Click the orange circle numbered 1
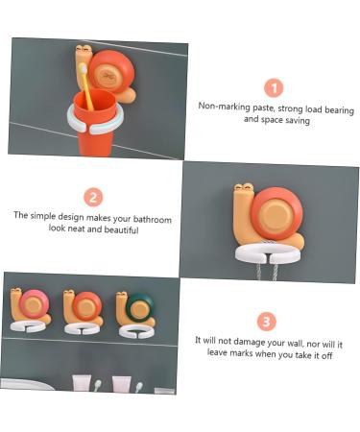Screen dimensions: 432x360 click(x=274, y=87)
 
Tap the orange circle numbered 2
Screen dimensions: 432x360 click(x=93, y=197)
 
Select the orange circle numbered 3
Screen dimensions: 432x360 click(x=268, y=322)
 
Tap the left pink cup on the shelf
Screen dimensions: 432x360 click(x=82, y=384)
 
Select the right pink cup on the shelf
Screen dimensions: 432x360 click(x=122, y=384)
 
